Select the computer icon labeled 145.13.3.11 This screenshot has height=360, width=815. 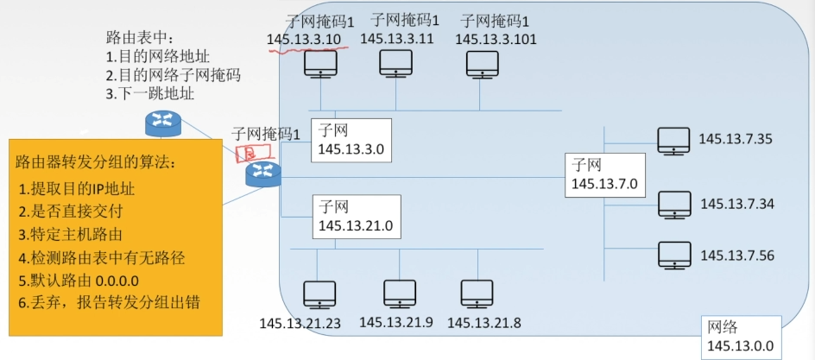coord(396,64)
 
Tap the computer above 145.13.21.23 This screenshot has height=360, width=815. coord(319,294)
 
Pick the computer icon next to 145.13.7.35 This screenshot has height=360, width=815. coord(673,140)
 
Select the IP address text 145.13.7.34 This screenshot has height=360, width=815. coord(736,204)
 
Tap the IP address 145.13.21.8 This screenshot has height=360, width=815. coord(483,322)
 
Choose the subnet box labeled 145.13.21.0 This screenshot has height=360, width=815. coord(357,216)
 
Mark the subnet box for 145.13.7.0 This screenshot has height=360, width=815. coord(604,174)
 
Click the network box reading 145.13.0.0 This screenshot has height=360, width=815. coord(740,337)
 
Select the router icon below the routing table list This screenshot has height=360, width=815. coord(162,123)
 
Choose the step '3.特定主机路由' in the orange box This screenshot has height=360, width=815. coord(69,234)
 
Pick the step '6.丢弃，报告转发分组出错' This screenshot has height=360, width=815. coord(109,304)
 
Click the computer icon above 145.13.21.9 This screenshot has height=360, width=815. coord(400,294)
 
